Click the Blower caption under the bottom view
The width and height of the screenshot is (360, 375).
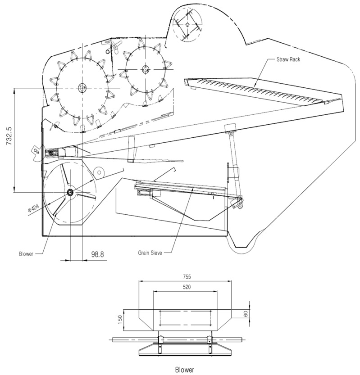[x=184, y=370]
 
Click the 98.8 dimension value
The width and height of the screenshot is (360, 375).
[x=98, y=254]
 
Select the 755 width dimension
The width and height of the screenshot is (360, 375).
[x=185, y=277]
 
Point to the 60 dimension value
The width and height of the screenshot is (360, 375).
[x=246, y=314]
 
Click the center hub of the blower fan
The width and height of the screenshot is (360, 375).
[x=70, y=192]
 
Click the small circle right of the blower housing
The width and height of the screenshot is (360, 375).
[x=100, y=172]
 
